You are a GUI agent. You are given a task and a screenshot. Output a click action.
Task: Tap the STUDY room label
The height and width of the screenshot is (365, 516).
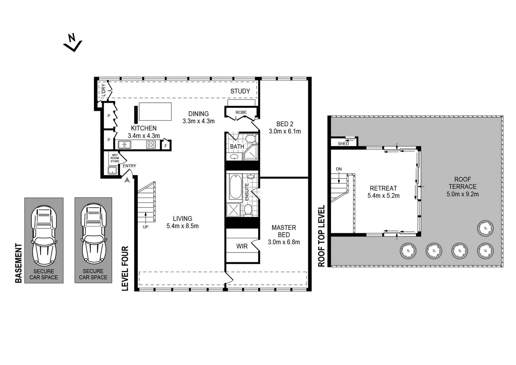coord(240,91)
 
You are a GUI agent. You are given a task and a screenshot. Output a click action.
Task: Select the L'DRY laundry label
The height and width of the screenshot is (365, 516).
coord(103,91)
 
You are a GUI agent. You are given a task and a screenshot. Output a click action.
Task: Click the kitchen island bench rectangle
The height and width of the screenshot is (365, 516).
coord(155,112)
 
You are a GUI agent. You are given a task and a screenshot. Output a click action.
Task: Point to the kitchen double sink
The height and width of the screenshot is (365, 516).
coord(124,145)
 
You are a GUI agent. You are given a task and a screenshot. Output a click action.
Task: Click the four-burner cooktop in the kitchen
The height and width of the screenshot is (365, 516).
coord(151,145)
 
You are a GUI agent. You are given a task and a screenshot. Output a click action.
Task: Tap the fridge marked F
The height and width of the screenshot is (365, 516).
coord(166,146)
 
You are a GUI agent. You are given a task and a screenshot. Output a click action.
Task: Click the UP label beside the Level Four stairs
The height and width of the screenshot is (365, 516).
coord(145,227)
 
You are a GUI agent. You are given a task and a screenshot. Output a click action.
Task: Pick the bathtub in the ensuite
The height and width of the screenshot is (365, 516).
coord(236,187)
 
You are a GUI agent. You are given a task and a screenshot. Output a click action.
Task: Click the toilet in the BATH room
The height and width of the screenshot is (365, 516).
coord(251,139)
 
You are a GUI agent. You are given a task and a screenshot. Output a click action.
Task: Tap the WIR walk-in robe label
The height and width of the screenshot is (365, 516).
coord(242,246)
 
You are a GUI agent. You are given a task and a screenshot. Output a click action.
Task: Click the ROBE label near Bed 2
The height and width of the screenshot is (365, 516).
coord(241,112)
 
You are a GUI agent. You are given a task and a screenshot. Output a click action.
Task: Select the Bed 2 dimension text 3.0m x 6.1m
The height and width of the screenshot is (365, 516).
coord(285,131)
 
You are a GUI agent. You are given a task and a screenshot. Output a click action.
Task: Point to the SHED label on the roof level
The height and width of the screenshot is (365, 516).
coord(343,144)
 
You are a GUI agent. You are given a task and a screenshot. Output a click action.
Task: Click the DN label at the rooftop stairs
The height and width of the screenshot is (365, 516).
coord(339,169)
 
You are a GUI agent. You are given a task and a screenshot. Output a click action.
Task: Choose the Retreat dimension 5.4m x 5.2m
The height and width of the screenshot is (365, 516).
coord(383,196)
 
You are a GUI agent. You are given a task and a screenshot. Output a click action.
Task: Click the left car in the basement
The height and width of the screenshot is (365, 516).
coord(44,235)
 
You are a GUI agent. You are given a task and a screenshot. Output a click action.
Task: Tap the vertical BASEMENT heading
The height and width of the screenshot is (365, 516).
coord(19,263)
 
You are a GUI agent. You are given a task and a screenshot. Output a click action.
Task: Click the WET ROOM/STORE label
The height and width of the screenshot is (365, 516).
coord(115,158)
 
